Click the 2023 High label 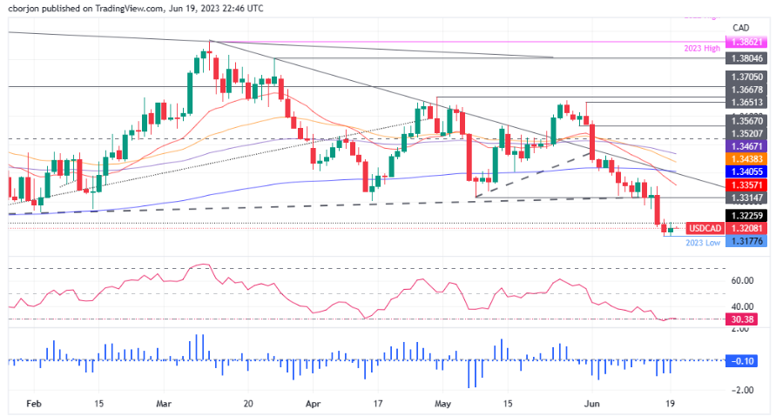click(x=702, y=50)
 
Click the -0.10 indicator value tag click(x=743, y=360)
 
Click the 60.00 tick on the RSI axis click(x=743, y=281)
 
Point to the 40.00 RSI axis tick click(x=743, y=306)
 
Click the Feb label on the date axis click(x=34, y=404)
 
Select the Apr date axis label click(x=313, y=404)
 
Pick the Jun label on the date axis click(x=592, y=404)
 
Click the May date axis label click(x=444, y=404)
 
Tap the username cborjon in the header click(x=26, y=7)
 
